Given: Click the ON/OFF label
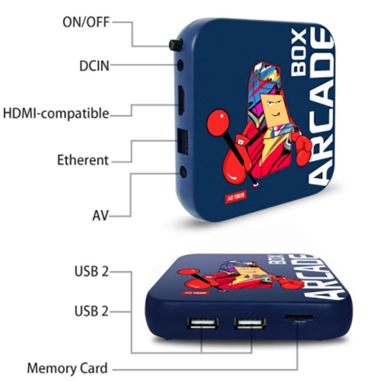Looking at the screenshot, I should point(87,22).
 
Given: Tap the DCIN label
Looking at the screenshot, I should point(94,66).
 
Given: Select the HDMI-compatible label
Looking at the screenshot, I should point(56,113).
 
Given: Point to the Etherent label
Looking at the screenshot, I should point(83,160).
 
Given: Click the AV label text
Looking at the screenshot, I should point(100,216).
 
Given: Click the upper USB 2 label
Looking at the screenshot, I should point(91,271).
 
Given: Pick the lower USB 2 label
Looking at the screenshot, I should point(91,310).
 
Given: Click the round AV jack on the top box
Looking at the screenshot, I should point(183,173).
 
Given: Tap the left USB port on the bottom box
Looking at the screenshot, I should point(202,323).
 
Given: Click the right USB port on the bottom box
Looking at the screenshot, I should point(250,323).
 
